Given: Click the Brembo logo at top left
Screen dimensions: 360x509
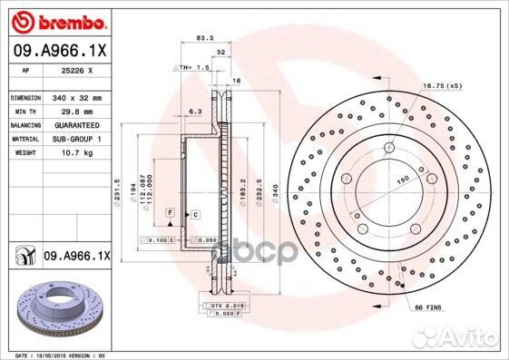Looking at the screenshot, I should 56,20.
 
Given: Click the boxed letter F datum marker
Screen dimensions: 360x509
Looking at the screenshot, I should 168,211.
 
